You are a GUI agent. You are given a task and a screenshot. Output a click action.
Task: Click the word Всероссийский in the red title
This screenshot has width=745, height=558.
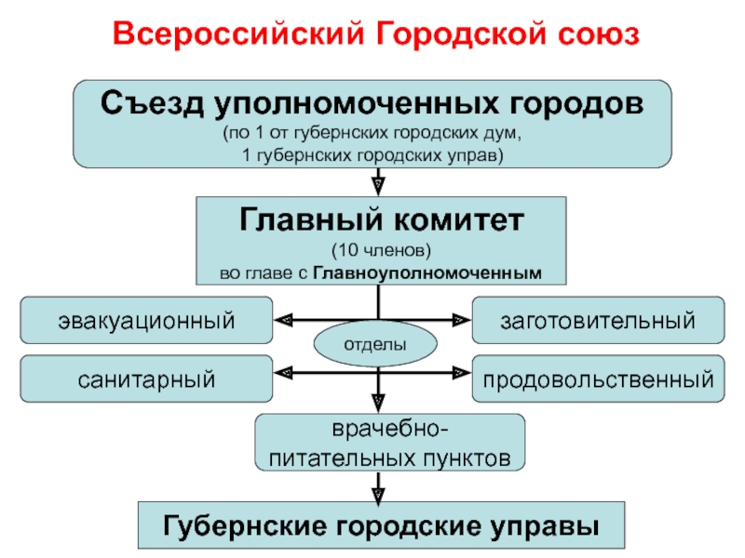238,34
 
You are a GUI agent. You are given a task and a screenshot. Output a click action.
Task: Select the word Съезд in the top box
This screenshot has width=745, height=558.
153,103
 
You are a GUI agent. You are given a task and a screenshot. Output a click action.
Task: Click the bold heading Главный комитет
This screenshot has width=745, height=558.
382,219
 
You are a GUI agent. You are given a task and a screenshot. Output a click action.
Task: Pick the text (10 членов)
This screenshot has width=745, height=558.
381,250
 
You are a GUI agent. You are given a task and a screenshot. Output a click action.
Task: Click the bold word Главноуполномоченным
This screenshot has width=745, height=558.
427,273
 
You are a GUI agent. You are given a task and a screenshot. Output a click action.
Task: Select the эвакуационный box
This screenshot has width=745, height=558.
146,320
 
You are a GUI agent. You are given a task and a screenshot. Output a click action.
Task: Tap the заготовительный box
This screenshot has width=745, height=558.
598,320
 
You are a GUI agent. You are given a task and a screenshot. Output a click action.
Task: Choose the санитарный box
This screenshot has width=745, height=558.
146,379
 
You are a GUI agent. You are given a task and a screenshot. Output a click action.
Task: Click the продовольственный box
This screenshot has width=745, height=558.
598,379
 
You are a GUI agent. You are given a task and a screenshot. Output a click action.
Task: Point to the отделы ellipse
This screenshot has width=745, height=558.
375,343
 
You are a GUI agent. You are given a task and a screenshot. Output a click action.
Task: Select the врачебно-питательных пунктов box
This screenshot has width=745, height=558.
390,443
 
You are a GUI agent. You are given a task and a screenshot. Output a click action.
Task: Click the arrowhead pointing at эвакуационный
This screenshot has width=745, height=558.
283,321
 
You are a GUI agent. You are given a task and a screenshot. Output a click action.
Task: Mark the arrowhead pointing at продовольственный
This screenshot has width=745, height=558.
462,373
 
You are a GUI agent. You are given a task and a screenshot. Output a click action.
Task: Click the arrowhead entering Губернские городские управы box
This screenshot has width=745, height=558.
378,494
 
